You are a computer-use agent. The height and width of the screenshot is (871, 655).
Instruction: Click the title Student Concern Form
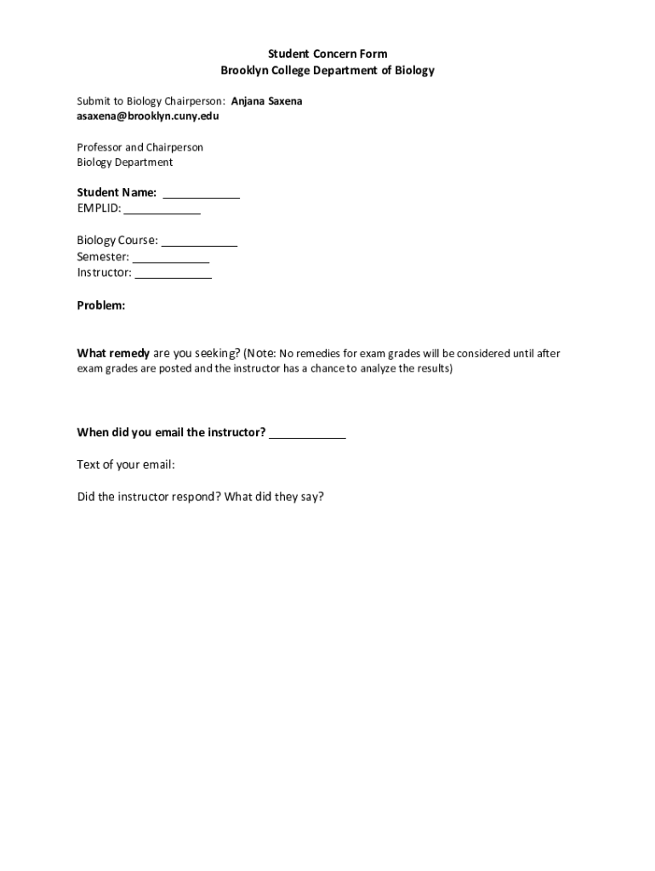click(x=327, y=54)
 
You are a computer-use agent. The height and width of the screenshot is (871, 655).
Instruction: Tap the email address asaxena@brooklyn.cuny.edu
click(x=148, y=116)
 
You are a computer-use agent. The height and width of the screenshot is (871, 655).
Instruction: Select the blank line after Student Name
click(x=201, y=194)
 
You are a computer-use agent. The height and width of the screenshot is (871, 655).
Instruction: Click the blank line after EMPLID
click(x=162, y=209)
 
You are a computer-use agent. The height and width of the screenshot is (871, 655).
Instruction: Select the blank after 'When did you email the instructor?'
click(x=308, y=433)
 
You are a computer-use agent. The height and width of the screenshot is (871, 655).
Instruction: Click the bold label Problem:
click(x=101, y=305)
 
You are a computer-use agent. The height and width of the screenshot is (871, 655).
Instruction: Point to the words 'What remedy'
click(x=113, y=353)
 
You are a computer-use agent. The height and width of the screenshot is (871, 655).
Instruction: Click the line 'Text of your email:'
click(x=126, y=464)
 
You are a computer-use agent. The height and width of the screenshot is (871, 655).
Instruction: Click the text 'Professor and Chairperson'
click(x=140, y=147)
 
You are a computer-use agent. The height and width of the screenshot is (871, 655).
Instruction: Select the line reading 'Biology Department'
click(x=125, y=162)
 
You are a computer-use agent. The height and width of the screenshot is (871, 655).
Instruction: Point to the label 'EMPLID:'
click(x=100, y=209)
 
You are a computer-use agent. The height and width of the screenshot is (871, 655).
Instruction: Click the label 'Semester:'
click(x=103, y=258)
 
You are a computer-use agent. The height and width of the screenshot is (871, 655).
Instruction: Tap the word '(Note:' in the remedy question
click(x=259, y=353)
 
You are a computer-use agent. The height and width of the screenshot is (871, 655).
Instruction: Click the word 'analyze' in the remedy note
click(x=378, y=369)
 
